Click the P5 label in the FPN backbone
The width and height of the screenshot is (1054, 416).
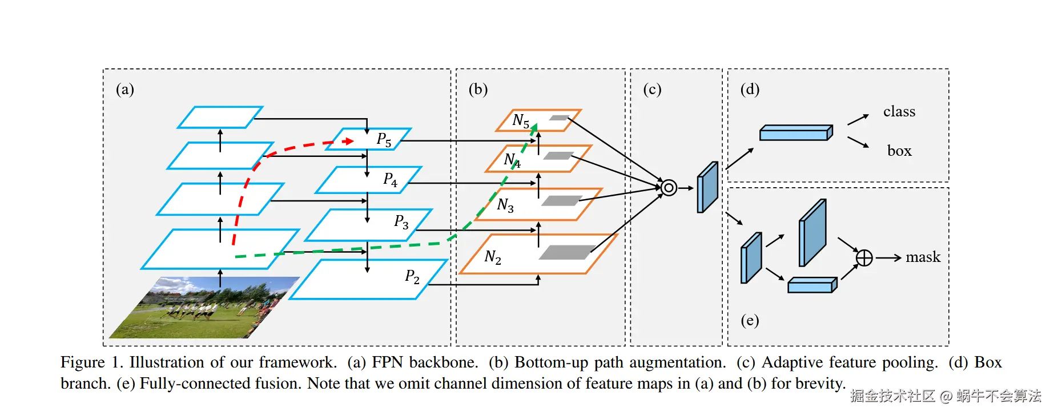point(384,140)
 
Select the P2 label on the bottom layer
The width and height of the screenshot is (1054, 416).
point(412,277)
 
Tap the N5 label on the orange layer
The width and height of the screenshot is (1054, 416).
point(520,121)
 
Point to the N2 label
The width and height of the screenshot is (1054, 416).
point(492,257)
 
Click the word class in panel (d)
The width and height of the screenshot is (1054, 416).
point(899,111)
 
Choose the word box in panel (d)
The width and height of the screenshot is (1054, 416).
point(899,151)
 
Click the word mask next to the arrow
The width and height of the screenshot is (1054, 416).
point(923,257)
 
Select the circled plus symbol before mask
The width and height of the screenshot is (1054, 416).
point(864,258)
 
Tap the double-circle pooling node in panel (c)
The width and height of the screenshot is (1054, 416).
point(669,187)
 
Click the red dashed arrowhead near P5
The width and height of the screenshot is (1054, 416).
point(348,141)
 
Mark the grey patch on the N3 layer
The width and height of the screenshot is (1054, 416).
point(562,201)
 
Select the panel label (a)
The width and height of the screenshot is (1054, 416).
point(124,89)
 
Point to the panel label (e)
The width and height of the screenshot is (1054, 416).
point(750,320)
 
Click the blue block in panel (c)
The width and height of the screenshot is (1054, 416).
point(707,187)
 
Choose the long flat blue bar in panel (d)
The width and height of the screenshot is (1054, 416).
point(796,133)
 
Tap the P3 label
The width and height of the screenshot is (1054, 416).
point(401,221)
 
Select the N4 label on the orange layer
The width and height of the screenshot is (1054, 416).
point(512,160)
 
